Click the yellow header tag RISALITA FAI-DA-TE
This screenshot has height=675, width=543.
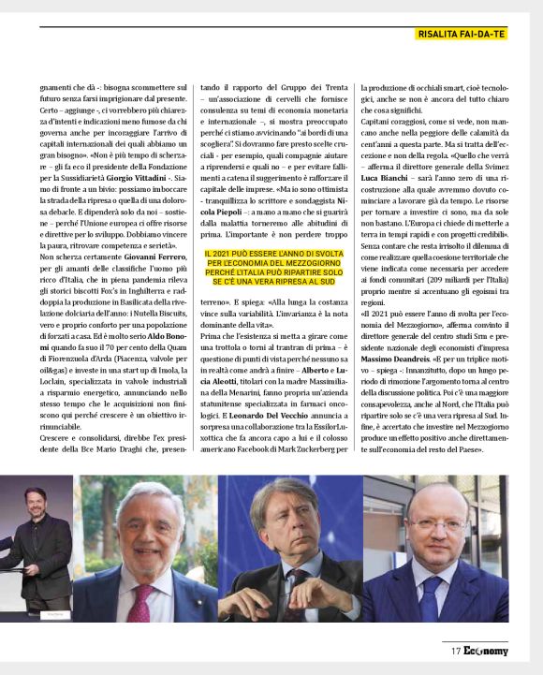(461, 34)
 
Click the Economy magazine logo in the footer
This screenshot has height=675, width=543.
(486, 651)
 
